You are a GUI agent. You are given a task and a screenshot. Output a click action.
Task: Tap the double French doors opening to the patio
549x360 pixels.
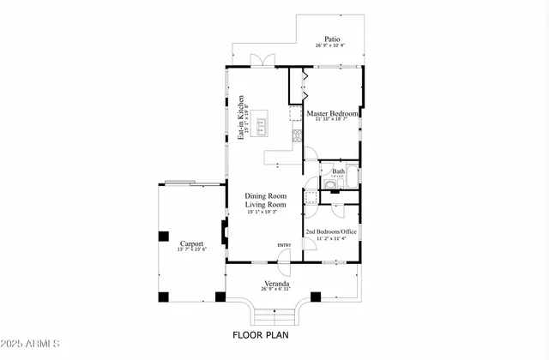pos(261,61)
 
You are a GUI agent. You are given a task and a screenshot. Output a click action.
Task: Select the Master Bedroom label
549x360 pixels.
pos(332,113)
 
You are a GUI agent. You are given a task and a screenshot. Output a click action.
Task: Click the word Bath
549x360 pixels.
pos(339,171)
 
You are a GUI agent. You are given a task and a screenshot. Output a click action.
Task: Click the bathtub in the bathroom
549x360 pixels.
pos(352,182)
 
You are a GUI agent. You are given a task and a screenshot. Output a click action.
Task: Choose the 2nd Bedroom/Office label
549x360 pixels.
pos(332,231)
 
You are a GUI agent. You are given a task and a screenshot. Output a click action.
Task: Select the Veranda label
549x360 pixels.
pos(276,284)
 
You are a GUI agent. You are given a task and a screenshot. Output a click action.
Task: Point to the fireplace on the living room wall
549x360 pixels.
pos(224,231)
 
